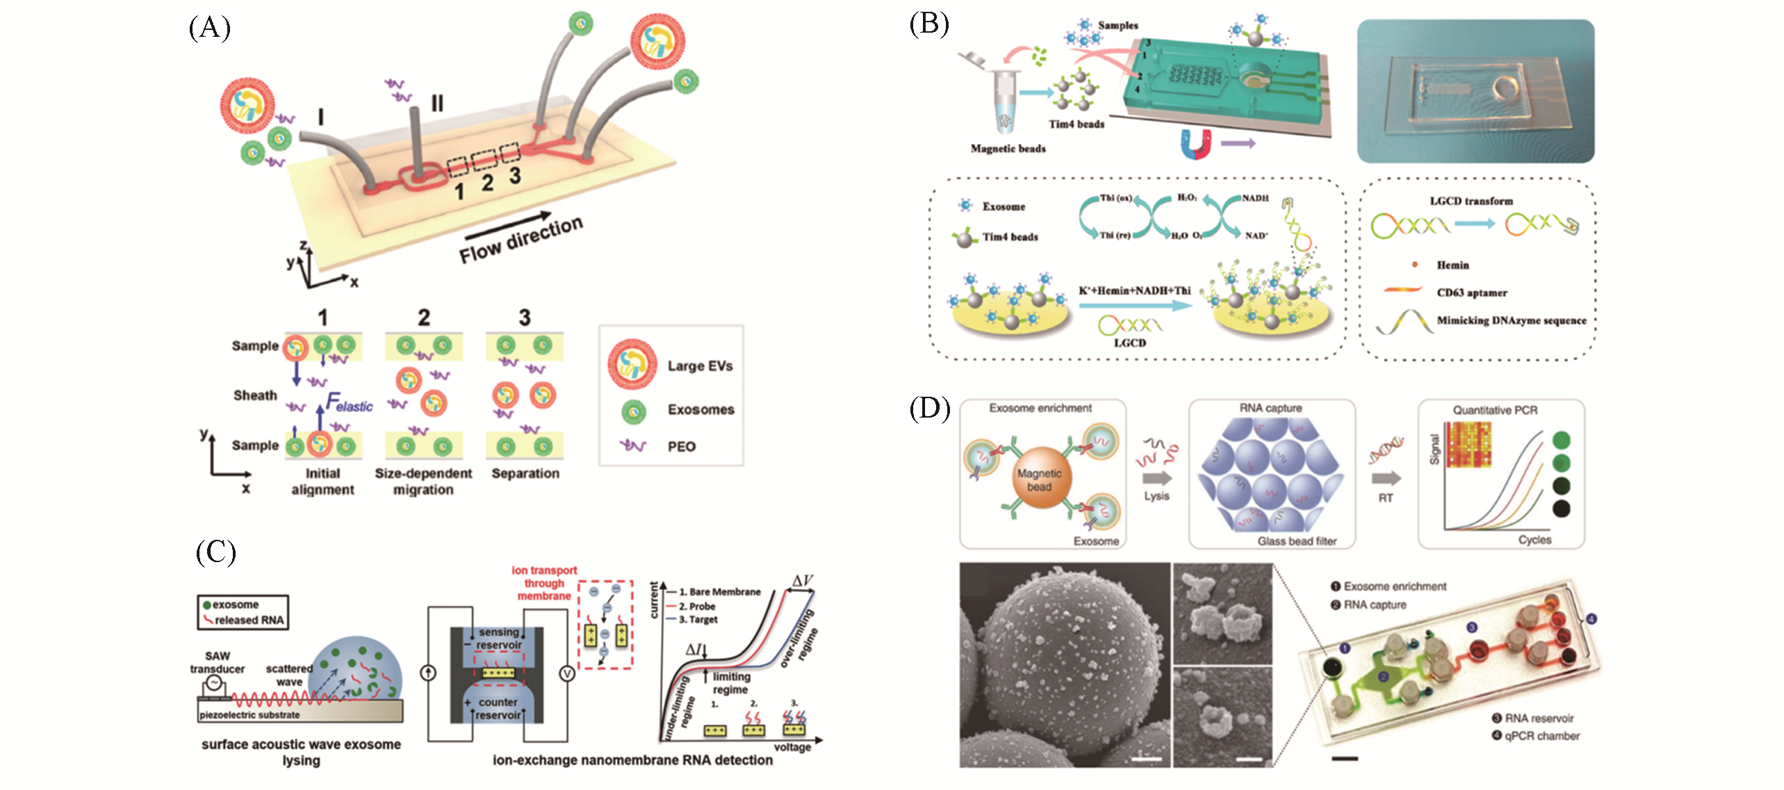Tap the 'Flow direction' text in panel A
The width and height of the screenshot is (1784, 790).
[x=521, y=239]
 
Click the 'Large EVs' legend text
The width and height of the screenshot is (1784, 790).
[x=700, y=366]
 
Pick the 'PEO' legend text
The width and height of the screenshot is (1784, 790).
[x=681, y=447]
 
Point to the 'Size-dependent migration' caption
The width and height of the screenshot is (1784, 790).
[x=423, y=482]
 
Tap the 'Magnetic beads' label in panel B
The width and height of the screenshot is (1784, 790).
[x=1008, y=149]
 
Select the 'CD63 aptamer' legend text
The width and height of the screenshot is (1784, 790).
[x=1471, y=293]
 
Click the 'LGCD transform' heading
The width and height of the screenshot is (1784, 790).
[x=1471, y=201]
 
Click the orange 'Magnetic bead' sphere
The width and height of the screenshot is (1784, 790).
[x=1040, y=479]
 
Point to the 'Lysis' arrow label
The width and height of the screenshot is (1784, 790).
[x=1156, y=496]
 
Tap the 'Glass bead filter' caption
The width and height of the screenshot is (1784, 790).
[x=1297, y=541]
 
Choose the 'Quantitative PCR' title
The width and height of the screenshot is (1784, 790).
[x=1495, y=411]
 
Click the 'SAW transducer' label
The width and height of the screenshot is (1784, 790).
[x=218, y=662]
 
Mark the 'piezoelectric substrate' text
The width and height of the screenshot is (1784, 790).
[x=250, y=715]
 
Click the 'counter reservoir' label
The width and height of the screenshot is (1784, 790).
[x=498, y=709]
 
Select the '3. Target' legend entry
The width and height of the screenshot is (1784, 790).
[x=698, y=620]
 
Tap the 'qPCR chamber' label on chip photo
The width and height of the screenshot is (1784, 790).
[x=1541, y=736]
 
